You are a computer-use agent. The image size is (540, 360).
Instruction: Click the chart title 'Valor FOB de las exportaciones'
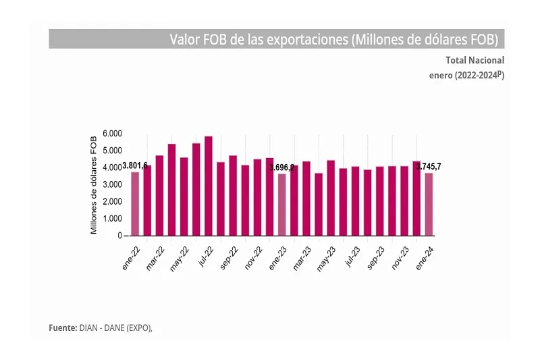[334, 39]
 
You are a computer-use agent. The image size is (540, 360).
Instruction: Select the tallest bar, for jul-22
[209, 186]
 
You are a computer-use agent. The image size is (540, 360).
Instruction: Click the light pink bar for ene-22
[135, 203]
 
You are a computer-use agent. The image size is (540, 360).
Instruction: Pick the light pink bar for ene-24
[429, 204]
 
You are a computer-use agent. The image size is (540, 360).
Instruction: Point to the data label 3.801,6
[135, 165]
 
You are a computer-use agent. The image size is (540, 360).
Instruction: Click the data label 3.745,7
[433, 167]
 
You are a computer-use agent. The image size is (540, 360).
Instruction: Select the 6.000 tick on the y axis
[112, 133]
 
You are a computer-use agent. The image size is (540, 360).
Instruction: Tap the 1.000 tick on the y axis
[112, 219]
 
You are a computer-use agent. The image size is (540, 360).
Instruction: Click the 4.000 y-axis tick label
[112, 168]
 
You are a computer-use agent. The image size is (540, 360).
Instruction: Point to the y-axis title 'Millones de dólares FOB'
[94, 184]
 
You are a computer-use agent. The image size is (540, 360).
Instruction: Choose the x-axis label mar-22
[155, 257]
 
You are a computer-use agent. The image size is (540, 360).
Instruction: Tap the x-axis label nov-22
[253, 257]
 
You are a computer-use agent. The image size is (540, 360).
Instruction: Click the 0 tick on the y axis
[119, 236]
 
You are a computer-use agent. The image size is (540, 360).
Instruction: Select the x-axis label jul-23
[352, 257]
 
